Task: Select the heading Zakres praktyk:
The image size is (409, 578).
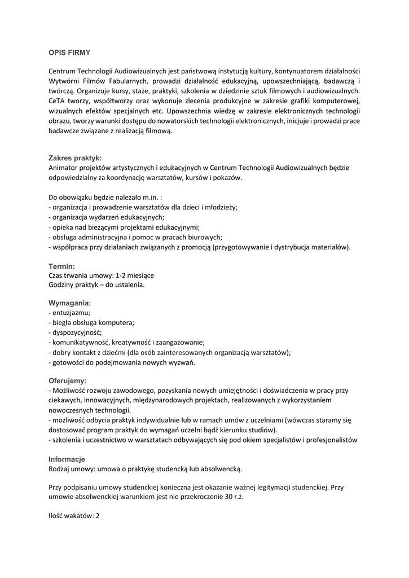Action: click(x=75, y=158)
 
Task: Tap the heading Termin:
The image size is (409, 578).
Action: click(x=62, y=266)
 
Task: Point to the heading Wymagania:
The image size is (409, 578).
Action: click(x=70, y=303)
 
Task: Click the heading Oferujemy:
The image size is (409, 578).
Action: click(x=68, y=381)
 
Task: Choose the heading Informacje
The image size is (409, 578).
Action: click(x=67, y=459)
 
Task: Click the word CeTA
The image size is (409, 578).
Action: click(x=58, y=101)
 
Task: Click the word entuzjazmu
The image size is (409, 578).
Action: click(x=71, y=313)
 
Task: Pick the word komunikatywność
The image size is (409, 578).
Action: click(x=80, y=342)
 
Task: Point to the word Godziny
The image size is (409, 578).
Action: click(x=61, y=285)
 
